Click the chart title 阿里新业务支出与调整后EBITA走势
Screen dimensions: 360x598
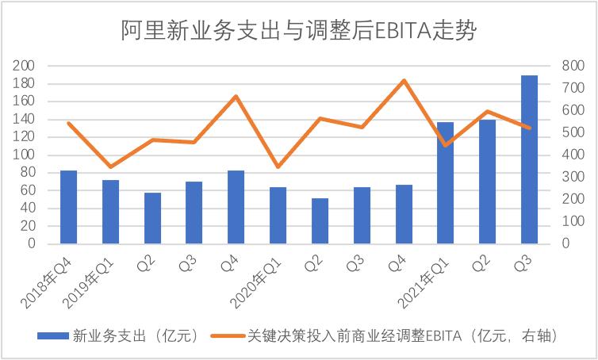tap(298, 30)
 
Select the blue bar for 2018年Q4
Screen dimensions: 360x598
tap(68, 207)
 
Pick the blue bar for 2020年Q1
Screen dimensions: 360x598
tap(278, 215)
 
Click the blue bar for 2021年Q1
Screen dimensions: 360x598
tap(445, 183)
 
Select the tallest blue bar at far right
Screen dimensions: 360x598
tap(529, 159)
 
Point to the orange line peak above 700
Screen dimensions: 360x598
tap(404, 80)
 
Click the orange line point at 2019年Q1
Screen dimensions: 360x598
tap(110, 167)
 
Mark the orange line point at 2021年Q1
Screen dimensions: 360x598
tap(445, 145)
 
